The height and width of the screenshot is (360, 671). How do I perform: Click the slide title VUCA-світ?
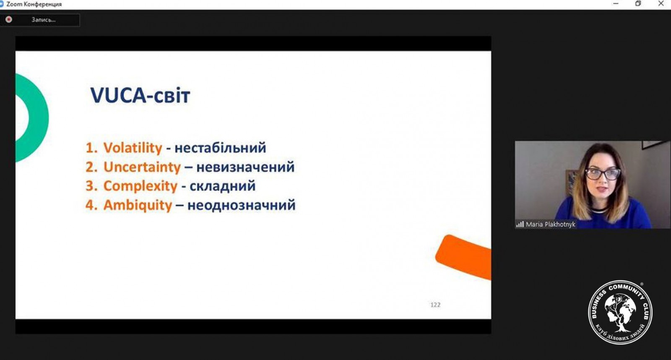pos(140,96)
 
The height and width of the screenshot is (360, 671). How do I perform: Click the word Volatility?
pos(133,148)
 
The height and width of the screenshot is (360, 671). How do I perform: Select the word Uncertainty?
pos(142,167)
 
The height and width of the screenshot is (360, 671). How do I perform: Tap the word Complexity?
pos(140,186)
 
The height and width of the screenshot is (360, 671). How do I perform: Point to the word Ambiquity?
pos(138,205)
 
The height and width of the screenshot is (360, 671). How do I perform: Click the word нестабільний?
pos(220,148)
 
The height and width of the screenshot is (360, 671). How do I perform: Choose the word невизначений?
pos(245,167)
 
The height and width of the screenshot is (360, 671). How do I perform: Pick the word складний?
pos(223,186)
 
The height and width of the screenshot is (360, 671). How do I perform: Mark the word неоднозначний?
pos(242,205)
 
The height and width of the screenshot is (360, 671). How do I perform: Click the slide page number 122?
pos(435,305)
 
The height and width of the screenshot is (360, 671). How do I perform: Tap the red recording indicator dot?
pos(9,19)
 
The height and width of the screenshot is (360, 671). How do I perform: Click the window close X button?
pos(661,4)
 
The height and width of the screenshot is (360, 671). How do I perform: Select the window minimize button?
pos(616,4)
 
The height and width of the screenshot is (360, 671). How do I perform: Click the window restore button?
pos(638,4)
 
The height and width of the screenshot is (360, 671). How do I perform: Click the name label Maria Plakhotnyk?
pos(551,224)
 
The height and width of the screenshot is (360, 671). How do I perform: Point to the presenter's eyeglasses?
pos(603,174)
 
